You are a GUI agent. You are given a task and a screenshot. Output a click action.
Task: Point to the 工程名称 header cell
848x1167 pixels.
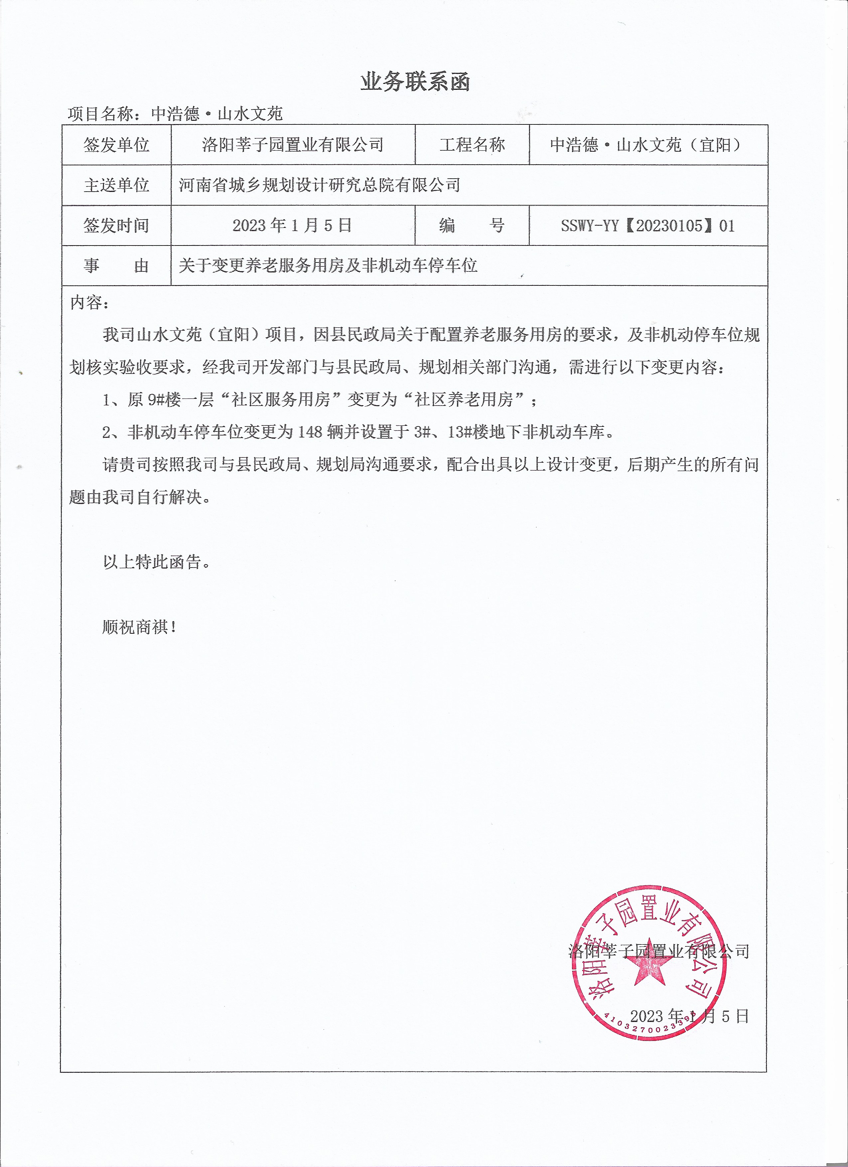(x=472, y=145)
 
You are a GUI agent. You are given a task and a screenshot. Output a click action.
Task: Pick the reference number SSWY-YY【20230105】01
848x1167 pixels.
(x=647, y=225)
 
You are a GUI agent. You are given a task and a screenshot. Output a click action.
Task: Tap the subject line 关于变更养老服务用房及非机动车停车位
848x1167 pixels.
(x=328, y=265)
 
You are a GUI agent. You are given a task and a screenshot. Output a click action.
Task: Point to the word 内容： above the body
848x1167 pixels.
(x=90, y=302)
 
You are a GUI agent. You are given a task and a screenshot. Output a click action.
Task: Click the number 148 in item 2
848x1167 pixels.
(x=310, y=432)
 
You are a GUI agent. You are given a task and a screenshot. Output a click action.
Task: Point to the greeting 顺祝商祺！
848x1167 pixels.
(x=140, y=627)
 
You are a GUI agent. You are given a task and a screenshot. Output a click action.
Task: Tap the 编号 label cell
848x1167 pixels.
(x=472, y=225)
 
